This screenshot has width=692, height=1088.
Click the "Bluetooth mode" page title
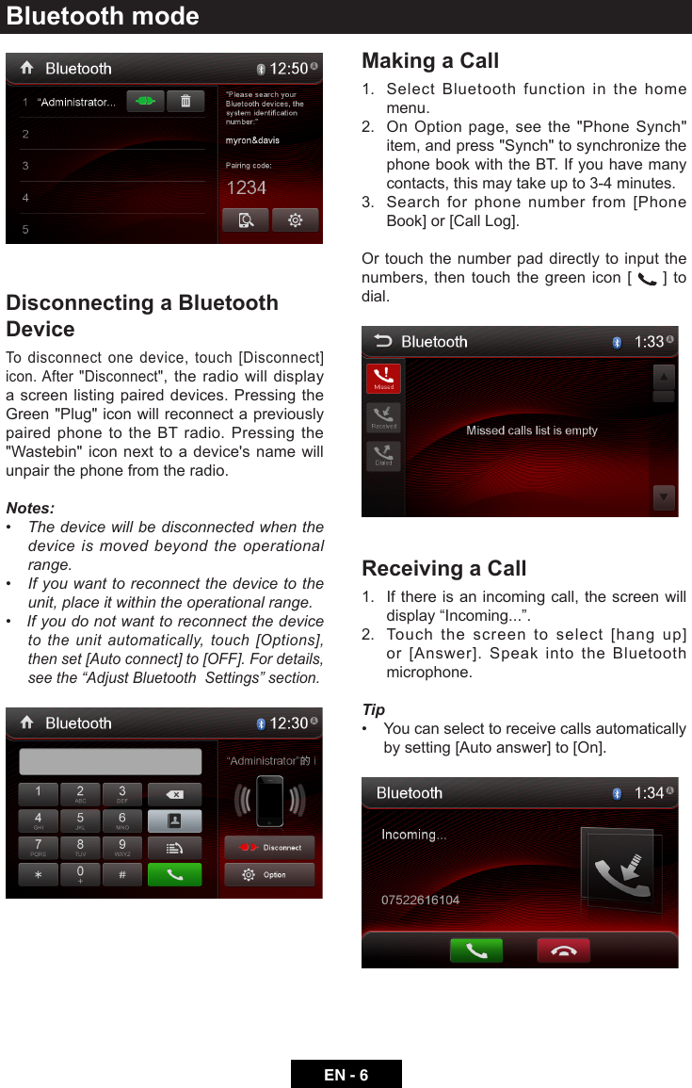click(x=103, y=16)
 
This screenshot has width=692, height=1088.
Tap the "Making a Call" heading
click(x=430, y=61)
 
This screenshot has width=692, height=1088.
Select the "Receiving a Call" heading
click(x=443, y=569)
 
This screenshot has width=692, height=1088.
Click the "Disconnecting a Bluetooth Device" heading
click(x=142, y=316)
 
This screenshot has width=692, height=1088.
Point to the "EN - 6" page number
click(x=346, y=1075)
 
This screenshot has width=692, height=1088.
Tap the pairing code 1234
click(x=246, y=188)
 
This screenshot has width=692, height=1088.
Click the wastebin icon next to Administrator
click(x=185, y=102)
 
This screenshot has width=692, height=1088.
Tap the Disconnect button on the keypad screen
click(x=269, y=848)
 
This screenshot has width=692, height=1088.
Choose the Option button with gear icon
click(x=269, y=875)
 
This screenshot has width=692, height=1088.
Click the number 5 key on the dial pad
click(x=81, y=820)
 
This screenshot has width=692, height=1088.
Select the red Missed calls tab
click(x=383, y=379)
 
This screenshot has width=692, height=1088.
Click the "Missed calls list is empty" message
click(x=532, y=430)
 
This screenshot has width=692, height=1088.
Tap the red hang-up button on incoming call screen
click(x=563, y=950)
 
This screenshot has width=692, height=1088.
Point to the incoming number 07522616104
click(x=420, y=901)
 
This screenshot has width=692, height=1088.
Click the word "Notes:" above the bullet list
click(x=30, y=509)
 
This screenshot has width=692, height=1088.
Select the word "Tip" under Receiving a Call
click(x=374, y=710)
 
